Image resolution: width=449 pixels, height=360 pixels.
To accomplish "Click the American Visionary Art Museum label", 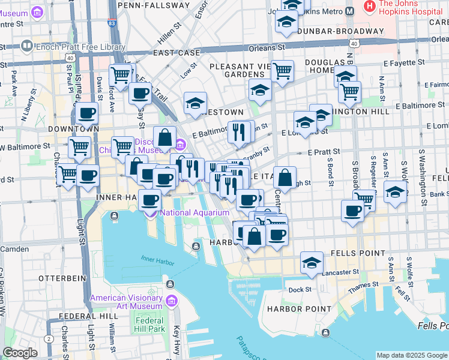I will coord(125,302).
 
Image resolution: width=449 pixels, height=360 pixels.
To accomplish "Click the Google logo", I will coord(20,353).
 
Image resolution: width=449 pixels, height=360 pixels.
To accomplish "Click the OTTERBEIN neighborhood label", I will coord(59,278).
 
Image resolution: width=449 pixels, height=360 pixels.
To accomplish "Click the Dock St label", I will coord(300,289).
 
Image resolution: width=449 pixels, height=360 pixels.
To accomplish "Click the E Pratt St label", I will coord(324,152).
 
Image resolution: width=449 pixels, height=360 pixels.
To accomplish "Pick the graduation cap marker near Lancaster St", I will coord(312,263).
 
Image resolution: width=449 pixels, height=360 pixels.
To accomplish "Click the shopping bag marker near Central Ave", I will coord(285,178).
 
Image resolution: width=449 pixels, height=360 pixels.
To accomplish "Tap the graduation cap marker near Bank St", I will coord(394,193).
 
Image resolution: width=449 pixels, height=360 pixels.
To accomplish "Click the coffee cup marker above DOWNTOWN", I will coord(86,113).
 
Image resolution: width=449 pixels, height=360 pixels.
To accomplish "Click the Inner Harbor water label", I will coord(156,259).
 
